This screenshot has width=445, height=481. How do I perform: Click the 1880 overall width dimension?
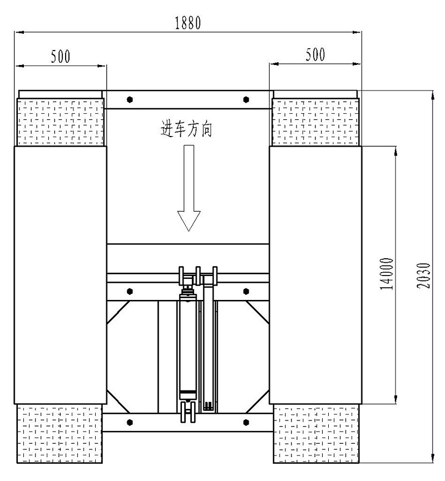click(x=188, y=23)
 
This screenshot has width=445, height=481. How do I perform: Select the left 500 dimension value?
click(x=61, y=57)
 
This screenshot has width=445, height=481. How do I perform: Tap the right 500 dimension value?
click(x=315, y=54)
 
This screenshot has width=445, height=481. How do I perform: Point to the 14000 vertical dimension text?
click(x=387, y=274)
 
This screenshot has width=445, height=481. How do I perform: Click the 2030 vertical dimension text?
click(x=423, y=275)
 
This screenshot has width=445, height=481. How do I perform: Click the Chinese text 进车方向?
click(x=186, y=129)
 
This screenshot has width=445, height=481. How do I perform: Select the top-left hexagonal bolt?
click(x=130, y=99)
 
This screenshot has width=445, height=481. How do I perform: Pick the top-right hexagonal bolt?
click(x=246, y=99)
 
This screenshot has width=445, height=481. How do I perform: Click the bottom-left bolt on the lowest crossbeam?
click(x=130, y=423)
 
